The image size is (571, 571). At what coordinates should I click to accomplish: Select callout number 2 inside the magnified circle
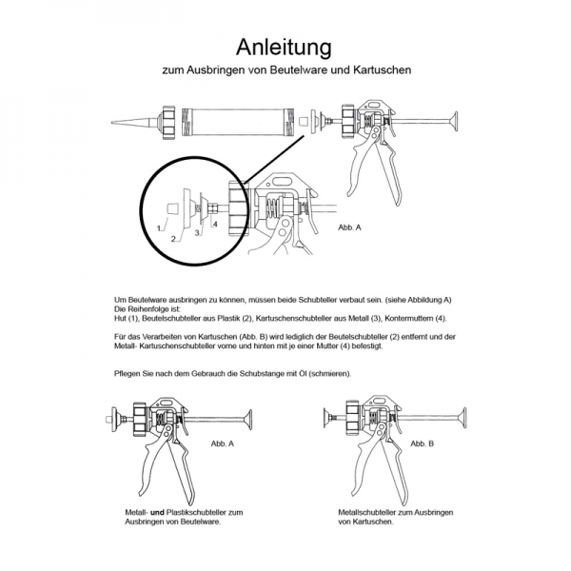[173, 239]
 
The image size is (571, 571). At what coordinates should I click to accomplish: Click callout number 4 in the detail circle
[216, 224]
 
